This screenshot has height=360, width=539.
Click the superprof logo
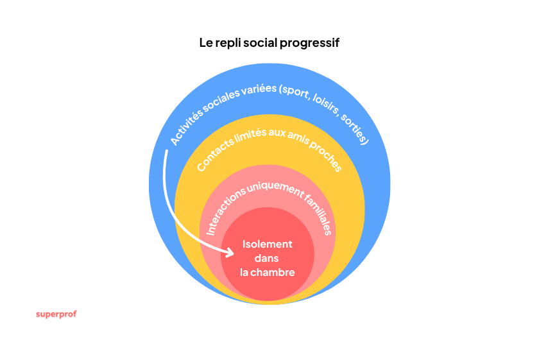coord(56,314)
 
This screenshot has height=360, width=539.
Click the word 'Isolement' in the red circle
coord(267,244)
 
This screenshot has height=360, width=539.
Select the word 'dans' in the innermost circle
coord(267,258)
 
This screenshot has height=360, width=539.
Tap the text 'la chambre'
coord(267,272)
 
